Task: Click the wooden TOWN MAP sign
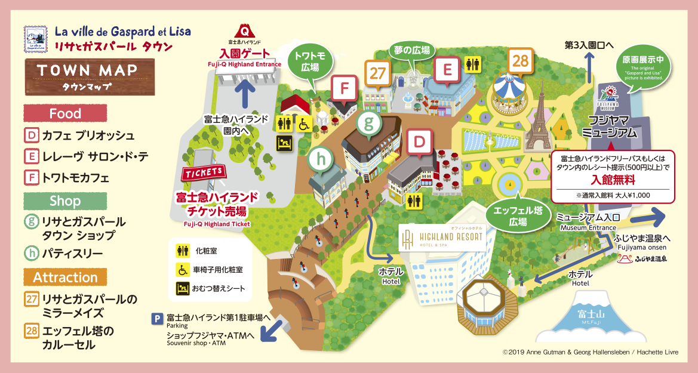click(89, 76)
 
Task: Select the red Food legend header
click(65, 113)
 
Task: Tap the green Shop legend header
click(65, 201)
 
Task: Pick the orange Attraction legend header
click(65, 278)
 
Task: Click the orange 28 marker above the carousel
click(519, 61)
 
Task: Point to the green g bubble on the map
click(368, 124)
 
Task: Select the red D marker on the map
click(420, 143)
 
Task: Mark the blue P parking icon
click(158, 319)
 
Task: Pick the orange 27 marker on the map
click(377, 73)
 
